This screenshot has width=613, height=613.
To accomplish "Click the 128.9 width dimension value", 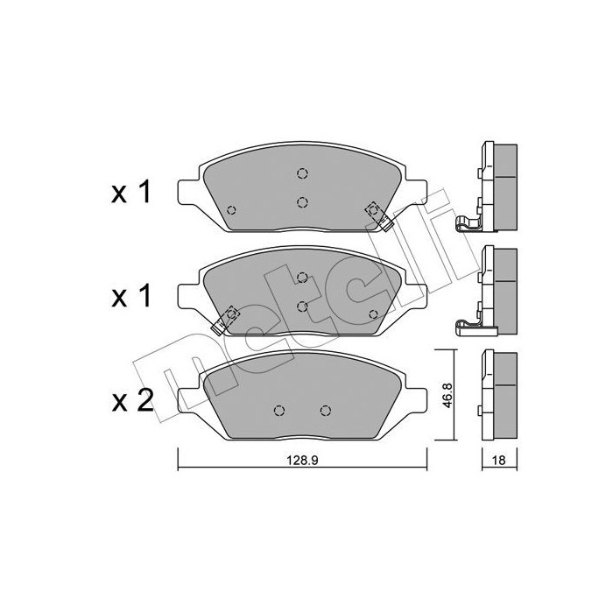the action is point(303,460).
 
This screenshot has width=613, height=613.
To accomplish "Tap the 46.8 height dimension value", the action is point(447,395).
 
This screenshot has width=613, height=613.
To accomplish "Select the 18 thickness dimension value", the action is point(499,460).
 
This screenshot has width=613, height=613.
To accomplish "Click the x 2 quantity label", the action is point(132,401).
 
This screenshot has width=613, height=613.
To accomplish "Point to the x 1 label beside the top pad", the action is point(131,193).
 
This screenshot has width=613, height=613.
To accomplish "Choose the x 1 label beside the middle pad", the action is point(131,297).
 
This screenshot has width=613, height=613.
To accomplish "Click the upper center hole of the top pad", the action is point(302,173).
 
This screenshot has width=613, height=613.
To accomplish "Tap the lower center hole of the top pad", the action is point(302,202).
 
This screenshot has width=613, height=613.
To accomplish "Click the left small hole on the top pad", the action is point(231,210).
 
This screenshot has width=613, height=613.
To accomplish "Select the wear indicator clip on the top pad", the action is point(378,216).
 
